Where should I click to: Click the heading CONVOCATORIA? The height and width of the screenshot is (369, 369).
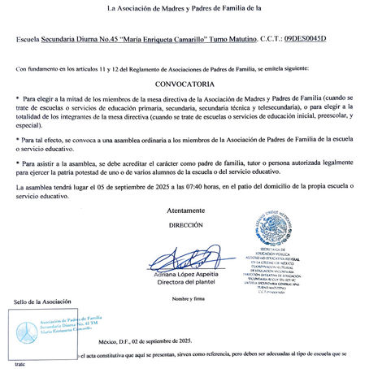(x=184, y=84)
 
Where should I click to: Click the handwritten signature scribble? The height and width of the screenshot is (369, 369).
(x=185, y=260)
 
